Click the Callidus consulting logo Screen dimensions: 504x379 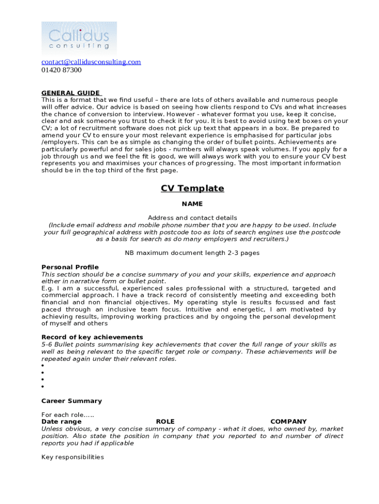tap(79, 38)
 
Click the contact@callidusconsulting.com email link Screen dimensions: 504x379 tap(91, 62)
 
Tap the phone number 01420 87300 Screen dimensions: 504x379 tap(62, 70)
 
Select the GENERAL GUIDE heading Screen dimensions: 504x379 tap(71, 93)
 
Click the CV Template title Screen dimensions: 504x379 tap(192, 189)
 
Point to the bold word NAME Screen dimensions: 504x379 tap(192, 204)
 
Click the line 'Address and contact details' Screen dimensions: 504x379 tap(192, 218)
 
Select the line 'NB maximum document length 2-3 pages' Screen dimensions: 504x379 tap(192, 253)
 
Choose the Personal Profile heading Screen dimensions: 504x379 tap(70, 267)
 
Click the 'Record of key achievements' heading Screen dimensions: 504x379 tap(92, 337)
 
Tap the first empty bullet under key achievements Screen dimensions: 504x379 tap(43, 366)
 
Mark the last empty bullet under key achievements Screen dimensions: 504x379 tap(43, 387)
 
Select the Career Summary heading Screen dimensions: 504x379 tap(71, 401)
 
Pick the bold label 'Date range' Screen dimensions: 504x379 tap(62, 422)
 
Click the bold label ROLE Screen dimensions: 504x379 tap(165, 422)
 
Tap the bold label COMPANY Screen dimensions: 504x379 tap(288, 422)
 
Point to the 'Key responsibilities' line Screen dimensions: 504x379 tap(73, 457)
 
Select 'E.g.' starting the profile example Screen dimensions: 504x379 tap(47, 288)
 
